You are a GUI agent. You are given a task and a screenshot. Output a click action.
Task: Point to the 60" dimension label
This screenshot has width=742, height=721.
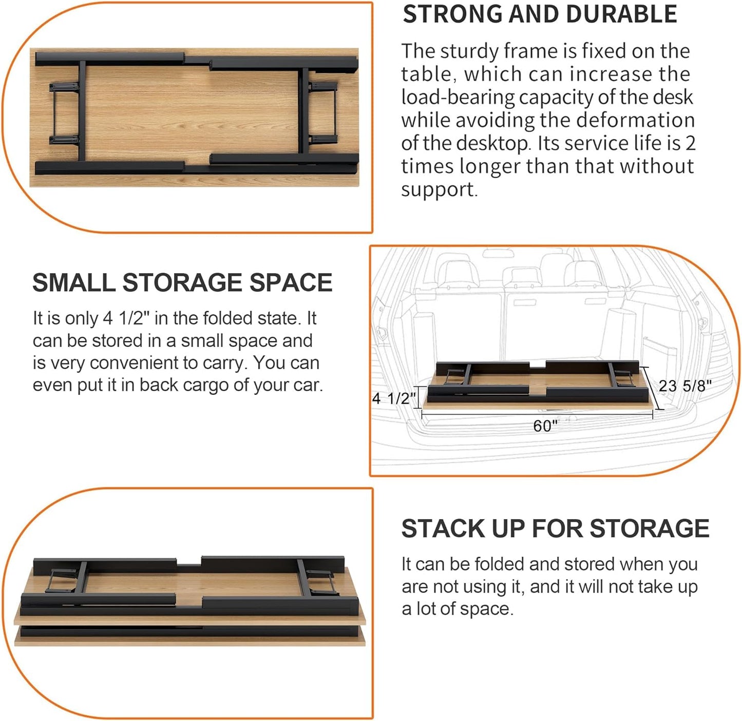[x=545, y=426]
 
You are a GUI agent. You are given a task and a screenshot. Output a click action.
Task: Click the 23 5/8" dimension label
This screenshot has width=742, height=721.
[x=684, y=386]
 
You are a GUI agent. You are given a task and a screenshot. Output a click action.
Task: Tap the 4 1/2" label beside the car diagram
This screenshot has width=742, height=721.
[x=393, y=398]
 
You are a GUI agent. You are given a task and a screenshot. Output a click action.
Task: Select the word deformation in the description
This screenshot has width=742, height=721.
[x=635, y=120]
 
